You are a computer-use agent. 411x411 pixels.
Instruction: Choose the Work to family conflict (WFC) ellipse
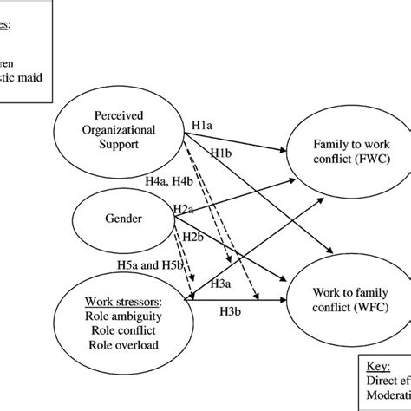344,296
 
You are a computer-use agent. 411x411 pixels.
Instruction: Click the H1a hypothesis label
203,126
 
